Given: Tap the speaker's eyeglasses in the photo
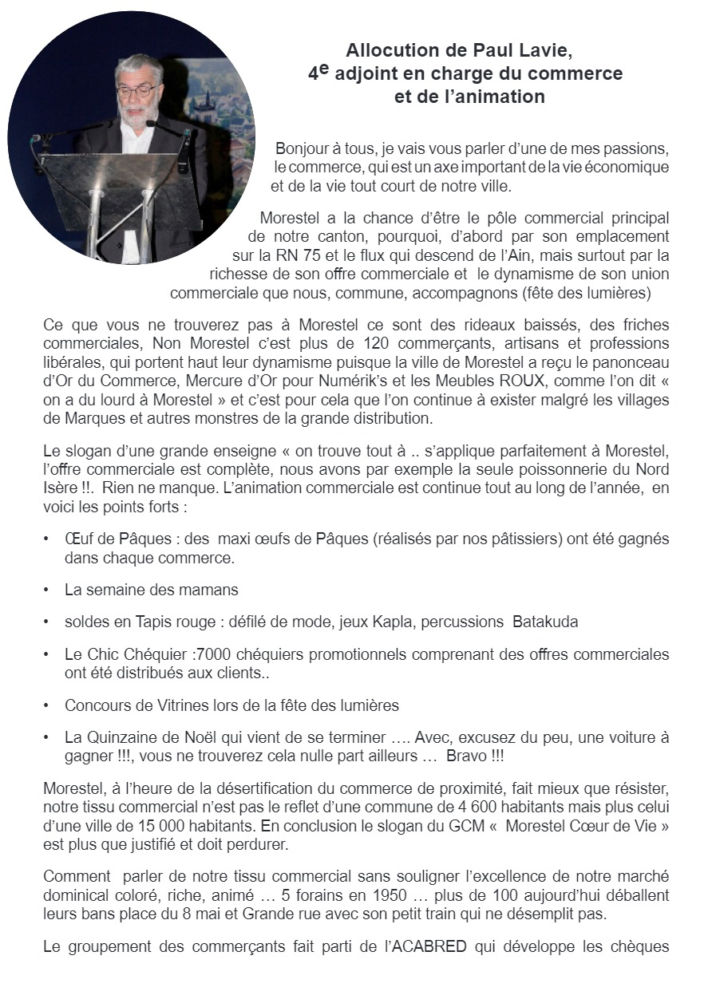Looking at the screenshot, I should pos(136,90).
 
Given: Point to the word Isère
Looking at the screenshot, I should pos(61,488).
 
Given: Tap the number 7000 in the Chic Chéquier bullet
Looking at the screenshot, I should pos(213,654).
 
